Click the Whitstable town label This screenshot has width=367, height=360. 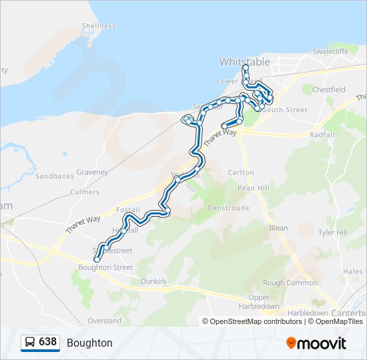tap(245, 61)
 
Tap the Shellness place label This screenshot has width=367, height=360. tap(99, 26)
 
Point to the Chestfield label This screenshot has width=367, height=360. tap(328, 89)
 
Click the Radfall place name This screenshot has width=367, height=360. tap(322, 135)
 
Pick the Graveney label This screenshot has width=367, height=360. tap(91, 172)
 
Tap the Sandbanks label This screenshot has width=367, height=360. tap(54, 177)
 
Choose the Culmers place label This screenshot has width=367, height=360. tap(85, 192)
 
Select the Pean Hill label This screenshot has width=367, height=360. tap(254, 189)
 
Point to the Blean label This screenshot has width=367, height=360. tap(278, 228)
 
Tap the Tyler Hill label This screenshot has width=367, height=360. tap(332, 233)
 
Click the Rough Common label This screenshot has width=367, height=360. tap(290, 283)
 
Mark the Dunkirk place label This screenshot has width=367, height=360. tap(153, 282)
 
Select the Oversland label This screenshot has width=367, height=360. tap(105, 321)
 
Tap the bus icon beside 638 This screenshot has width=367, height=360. tap(29, 342)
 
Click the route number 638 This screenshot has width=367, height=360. tap(47, 342)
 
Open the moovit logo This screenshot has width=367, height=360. tap(316, 343)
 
